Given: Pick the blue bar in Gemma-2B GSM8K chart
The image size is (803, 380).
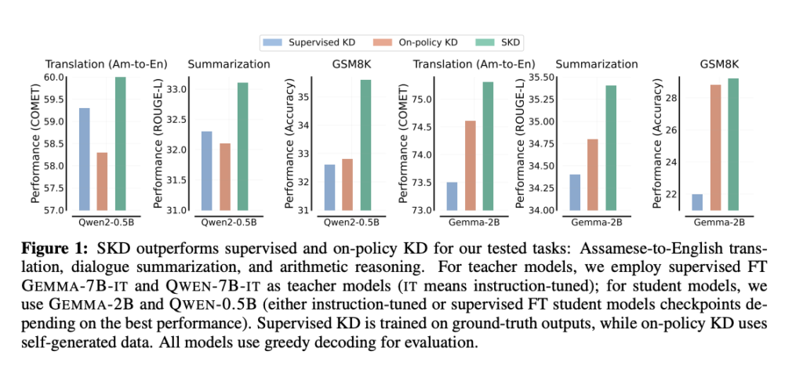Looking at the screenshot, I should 697,202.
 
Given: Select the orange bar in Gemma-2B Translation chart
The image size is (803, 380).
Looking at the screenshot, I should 470,165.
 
